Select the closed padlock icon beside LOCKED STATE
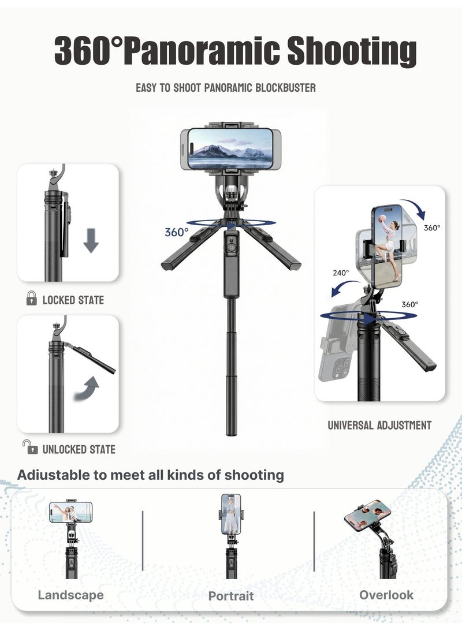point(32,299)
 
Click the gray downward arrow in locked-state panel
point(91,240)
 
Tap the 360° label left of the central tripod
point(176,232)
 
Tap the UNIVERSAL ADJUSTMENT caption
point(379,425)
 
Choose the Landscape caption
point(70,595)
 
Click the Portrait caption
point(231,596)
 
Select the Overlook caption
point(386,595)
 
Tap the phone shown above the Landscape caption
point(70,512)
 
